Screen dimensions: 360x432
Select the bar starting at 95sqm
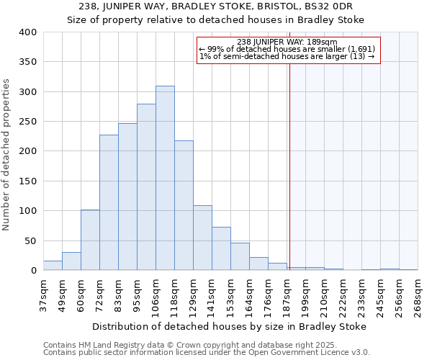pos(146,187)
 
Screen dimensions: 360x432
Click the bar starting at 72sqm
pos(109,202)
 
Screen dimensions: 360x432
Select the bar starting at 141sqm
pos(221,248)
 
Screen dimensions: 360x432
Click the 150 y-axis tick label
pos(27,181)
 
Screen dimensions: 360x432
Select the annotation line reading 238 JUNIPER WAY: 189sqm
pos(287,42)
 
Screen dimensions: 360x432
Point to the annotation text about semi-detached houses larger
pos(287,57)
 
